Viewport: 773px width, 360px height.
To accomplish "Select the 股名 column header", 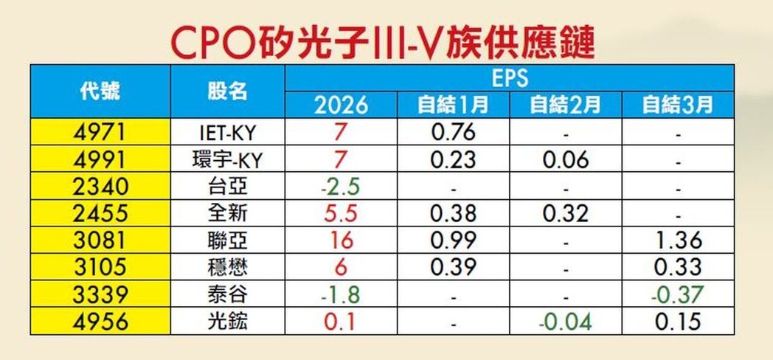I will pos(228,91).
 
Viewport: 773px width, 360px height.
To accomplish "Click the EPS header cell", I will pos(510,77).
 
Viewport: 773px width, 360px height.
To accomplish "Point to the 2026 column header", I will pos(341,105).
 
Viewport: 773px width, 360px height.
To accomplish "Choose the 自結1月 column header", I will pos(452,105).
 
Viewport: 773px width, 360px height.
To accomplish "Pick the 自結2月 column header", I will pos(565,105).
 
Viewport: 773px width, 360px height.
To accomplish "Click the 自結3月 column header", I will pos(677,105).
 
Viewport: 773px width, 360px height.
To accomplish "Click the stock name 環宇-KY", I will pos(229,160).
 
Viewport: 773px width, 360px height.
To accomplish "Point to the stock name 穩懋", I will pos(228,268).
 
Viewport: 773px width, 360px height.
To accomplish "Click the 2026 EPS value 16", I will pos(341,240).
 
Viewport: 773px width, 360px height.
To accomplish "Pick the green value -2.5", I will pos(341,187).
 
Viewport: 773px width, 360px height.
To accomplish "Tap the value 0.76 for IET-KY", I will pos(452,134).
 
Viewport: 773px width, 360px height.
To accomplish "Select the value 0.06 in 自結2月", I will pos(565,160).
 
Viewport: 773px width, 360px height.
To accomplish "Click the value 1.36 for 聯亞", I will pos(677,240).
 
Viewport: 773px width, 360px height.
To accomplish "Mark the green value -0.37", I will pos(677,295).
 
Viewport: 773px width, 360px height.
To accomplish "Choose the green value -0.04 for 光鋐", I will pos(565,322).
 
